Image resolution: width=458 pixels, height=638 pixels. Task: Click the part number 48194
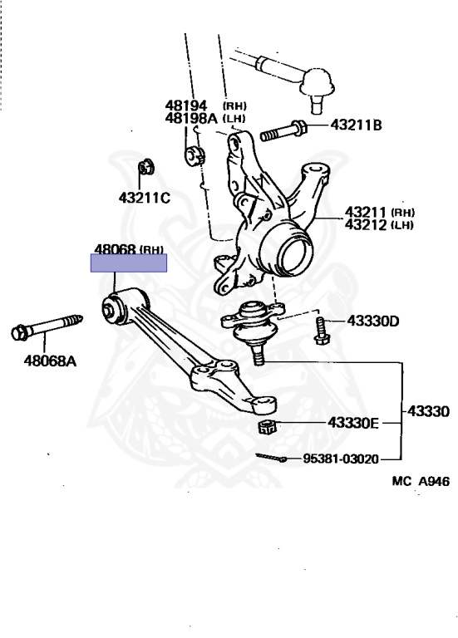(186, 106)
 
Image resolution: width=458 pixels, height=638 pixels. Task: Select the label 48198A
(191, 119)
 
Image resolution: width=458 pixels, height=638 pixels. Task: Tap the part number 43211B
(357, 125)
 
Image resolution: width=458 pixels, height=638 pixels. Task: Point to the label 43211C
(145, 199)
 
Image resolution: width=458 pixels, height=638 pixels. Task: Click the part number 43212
(365, 225)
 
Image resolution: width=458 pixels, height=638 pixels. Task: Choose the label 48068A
(50, 361)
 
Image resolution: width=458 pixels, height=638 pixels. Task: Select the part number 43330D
(373, 321)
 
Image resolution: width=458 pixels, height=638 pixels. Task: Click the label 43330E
(353, 423)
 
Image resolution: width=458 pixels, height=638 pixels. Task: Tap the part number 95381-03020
(341, 459)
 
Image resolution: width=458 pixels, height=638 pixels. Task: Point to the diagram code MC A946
(421, 481)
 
